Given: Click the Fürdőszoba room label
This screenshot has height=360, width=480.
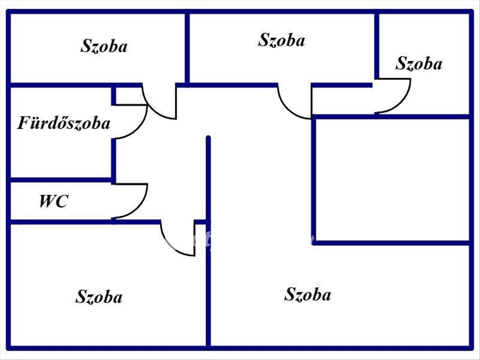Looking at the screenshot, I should click(x=64, y=123).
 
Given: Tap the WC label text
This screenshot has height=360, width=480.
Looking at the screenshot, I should click(x=53, y=201).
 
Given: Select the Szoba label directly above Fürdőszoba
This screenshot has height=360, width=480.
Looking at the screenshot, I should click(x=104, y=46).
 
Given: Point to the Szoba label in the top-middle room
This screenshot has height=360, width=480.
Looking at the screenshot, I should click(x=282, y=40).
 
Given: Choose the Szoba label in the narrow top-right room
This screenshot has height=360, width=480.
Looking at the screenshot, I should click(x=419, y=64).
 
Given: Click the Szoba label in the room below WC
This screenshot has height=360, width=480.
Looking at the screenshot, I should click(x=99, y=297).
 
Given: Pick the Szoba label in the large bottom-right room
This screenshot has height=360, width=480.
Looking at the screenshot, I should click(x=308, y=294).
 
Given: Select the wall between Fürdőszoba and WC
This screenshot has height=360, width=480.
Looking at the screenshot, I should click(x=60, y=180).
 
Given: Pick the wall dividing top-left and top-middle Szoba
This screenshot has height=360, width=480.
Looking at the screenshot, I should click(x=187, y=48).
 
